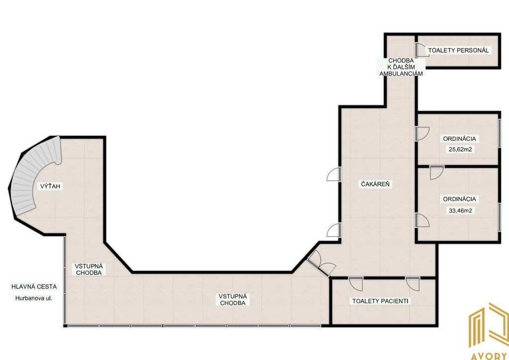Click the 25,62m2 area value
coord(460,150)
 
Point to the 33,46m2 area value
coord(460,210)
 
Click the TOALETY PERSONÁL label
coord(458,50)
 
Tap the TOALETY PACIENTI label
coord(380,301)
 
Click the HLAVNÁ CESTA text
coord(34,286)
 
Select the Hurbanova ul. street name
coord(33,298)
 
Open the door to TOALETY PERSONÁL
coord(422,51)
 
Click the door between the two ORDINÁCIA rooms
coord(436,172)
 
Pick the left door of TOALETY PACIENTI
coord(356,284)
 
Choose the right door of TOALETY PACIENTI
coord(413,284)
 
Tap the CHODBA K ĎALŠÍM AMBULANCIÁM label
coord(401,67)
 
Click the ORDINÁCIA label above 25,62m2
coord(460,139)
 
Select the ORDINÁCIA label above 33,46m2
coord(460,199)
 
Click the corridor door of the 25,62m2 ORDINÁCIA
coord(423,134)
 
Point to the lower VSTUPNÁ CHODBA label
coord(233,300)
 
